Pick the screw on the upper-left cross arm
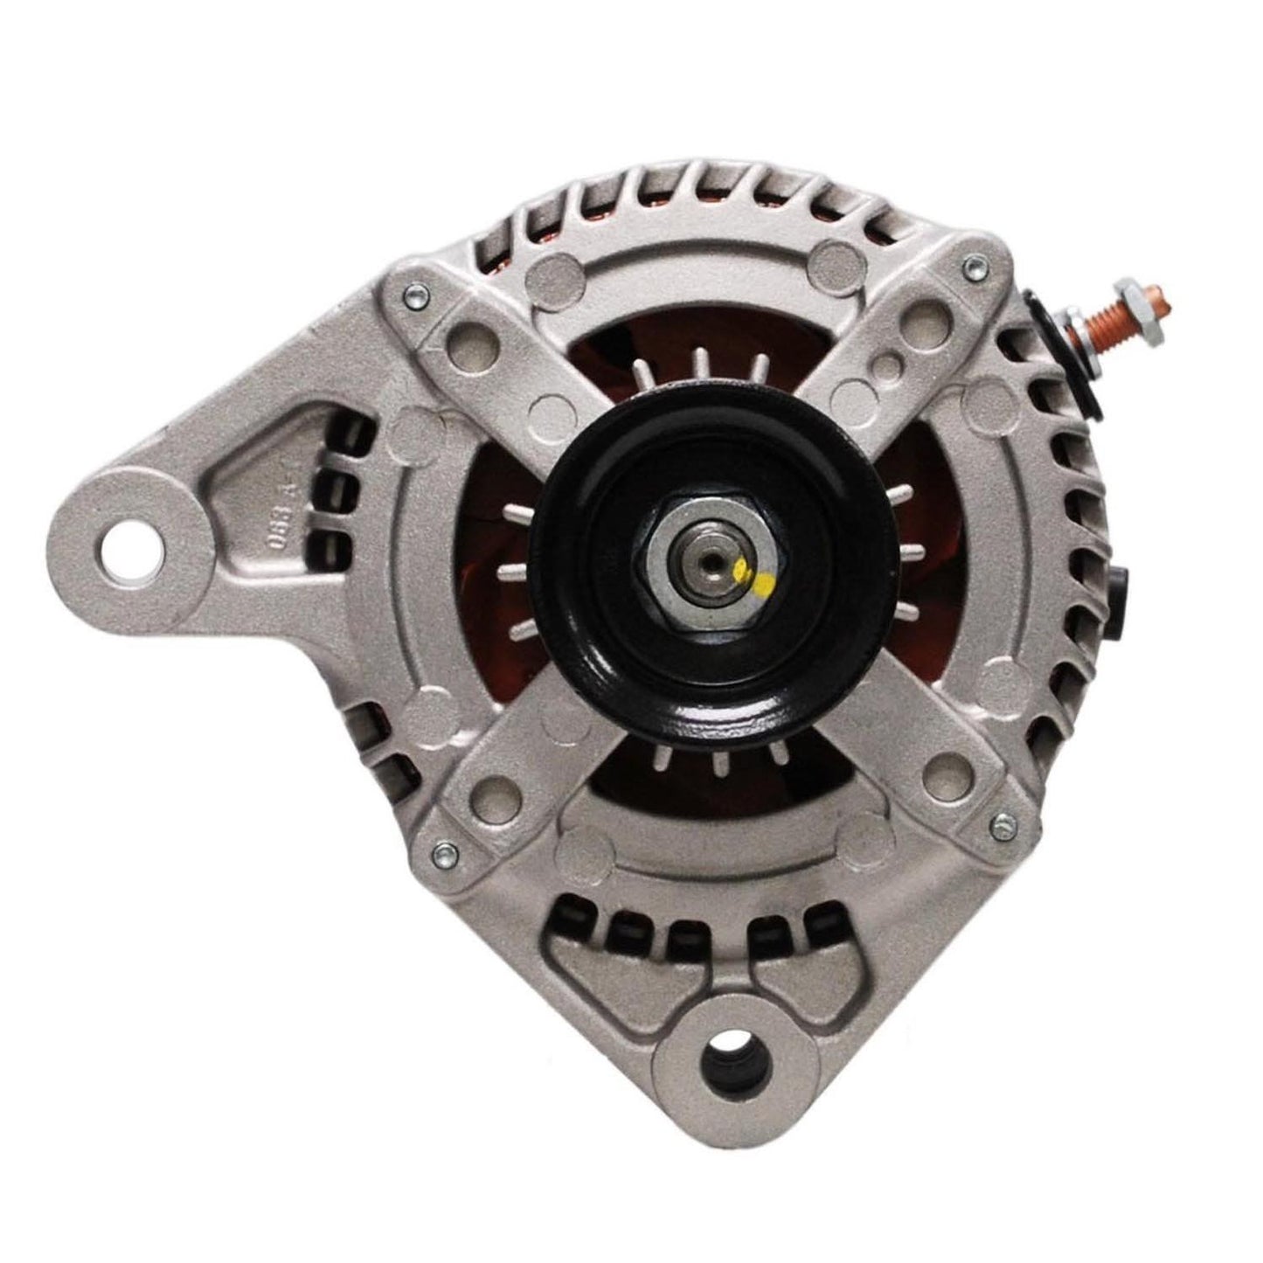tap(410, 298)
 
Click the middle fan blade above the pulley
tap(699, 360)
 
